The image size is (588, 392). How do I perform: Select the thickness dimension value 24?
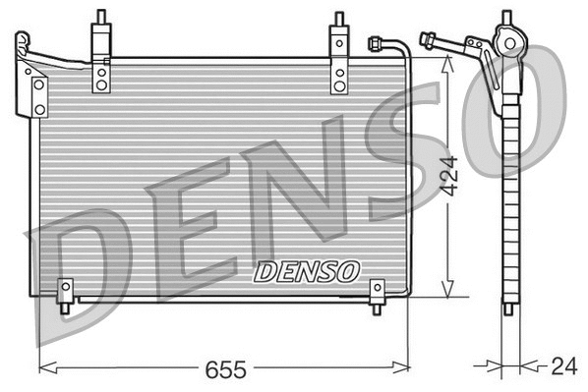pyautogui.click(x=563, y=367)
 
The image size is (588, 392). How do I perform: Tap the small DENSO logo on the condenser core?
pyautogui.click(x=308, y=269)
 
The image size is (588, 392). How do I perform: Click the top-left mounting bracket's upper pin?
pyautogui.click(x=100, y=18)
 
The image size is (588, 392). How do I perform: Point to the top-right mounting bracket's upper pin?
pyautogui.click(x=339, y=18)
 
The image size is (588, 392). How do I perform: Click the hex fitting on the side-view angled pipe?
pyautogui.click(x=428, y=40)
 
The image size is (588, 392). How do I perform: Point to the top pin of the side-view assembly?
pyautogui.click(x=507, y=18)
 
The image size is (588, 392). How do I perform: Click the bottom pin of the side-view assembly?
pyautogui.click(x=507, y=308)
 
